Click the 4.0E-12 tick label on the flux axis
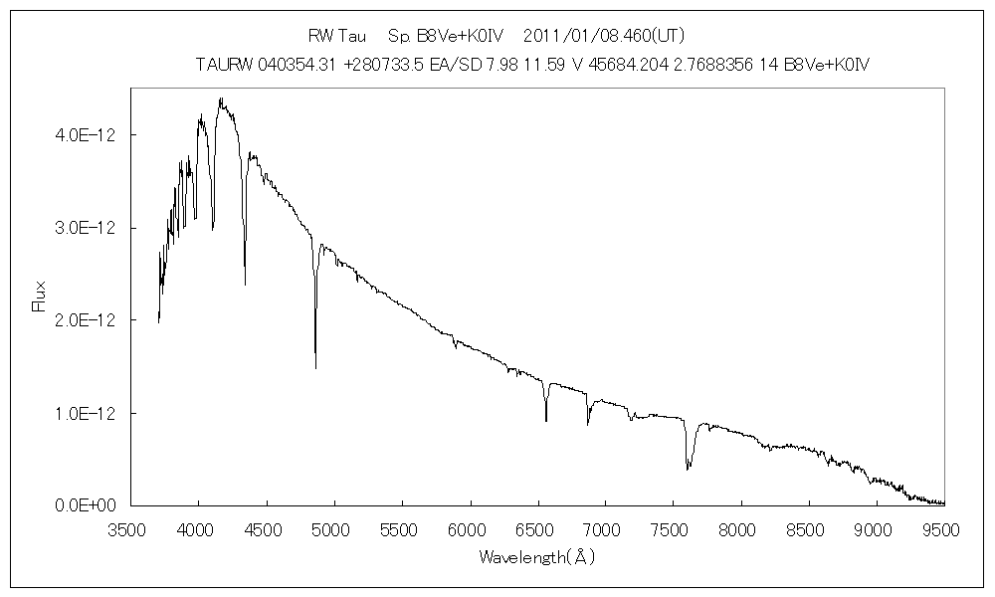point(81,135)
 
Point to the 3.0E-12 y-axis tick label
point(81,228)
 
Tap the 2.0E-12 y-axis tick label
point(81,320)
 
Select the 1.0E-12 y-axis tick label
point(81,413)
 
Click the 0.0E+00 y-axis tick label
point(81,505)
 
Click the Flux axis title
point(40,297)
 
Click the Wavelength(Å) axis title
point(536,557)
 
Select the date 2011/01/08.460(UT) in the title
point(603,36)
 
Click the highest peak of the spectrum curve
point(221,98)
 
